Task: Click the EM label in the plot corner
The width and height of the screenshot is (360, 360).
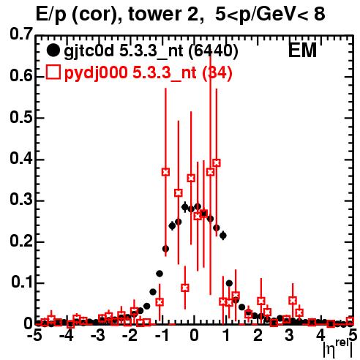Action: coord(302,50)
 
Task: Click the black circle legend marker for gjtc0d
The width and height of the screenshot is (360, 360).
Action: coord(53,50)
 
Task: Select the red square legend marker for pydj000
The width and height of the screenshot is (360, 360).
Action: coord(53,72)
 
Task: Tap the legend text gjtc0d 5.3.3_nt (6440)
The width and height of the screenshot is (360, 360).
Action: coord(151,51)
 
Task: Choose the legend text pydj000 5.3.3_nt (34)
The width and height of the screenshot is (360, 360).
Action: coord(149,73)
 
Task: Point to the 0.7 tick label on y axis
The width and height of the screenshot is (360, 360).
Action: coord(21,34)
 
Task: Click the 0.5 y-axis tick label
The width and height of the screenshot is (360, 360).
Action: coord(21,118)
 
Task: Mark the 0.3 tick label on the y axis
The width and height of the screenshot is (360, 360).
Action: coord(21,200)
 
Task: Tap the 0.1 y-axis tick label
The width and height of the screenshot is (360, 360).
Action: coord(21,282)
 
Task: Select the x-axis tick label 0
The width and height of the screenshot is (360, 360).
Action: coord(194,336)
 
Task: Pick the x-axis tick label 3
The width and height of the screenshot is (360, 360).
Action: coord(289,336)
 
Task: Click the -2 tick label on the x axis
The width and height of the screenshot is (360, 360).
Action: coord(130,336)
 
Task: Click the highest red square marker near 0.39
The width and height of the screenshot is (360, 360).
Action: coord(217,162)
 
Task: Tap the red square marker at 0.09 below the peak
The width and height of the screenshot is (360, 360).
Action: coord(185,288)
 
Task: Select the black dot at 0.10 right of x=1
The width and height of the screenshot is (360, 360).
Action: coord(229,283)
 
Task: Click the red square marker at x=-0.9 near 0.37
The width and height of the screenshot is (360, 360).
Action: coord(165,172)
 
